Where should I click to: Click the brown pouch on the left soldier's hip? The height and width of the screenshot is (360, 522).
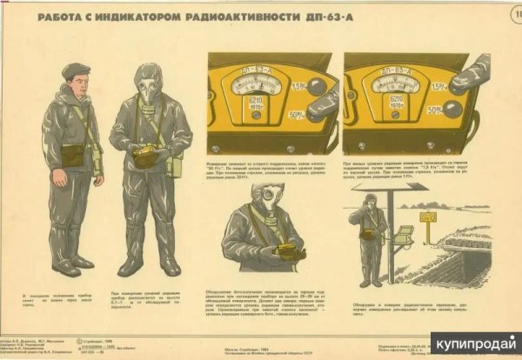[72, 155]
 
